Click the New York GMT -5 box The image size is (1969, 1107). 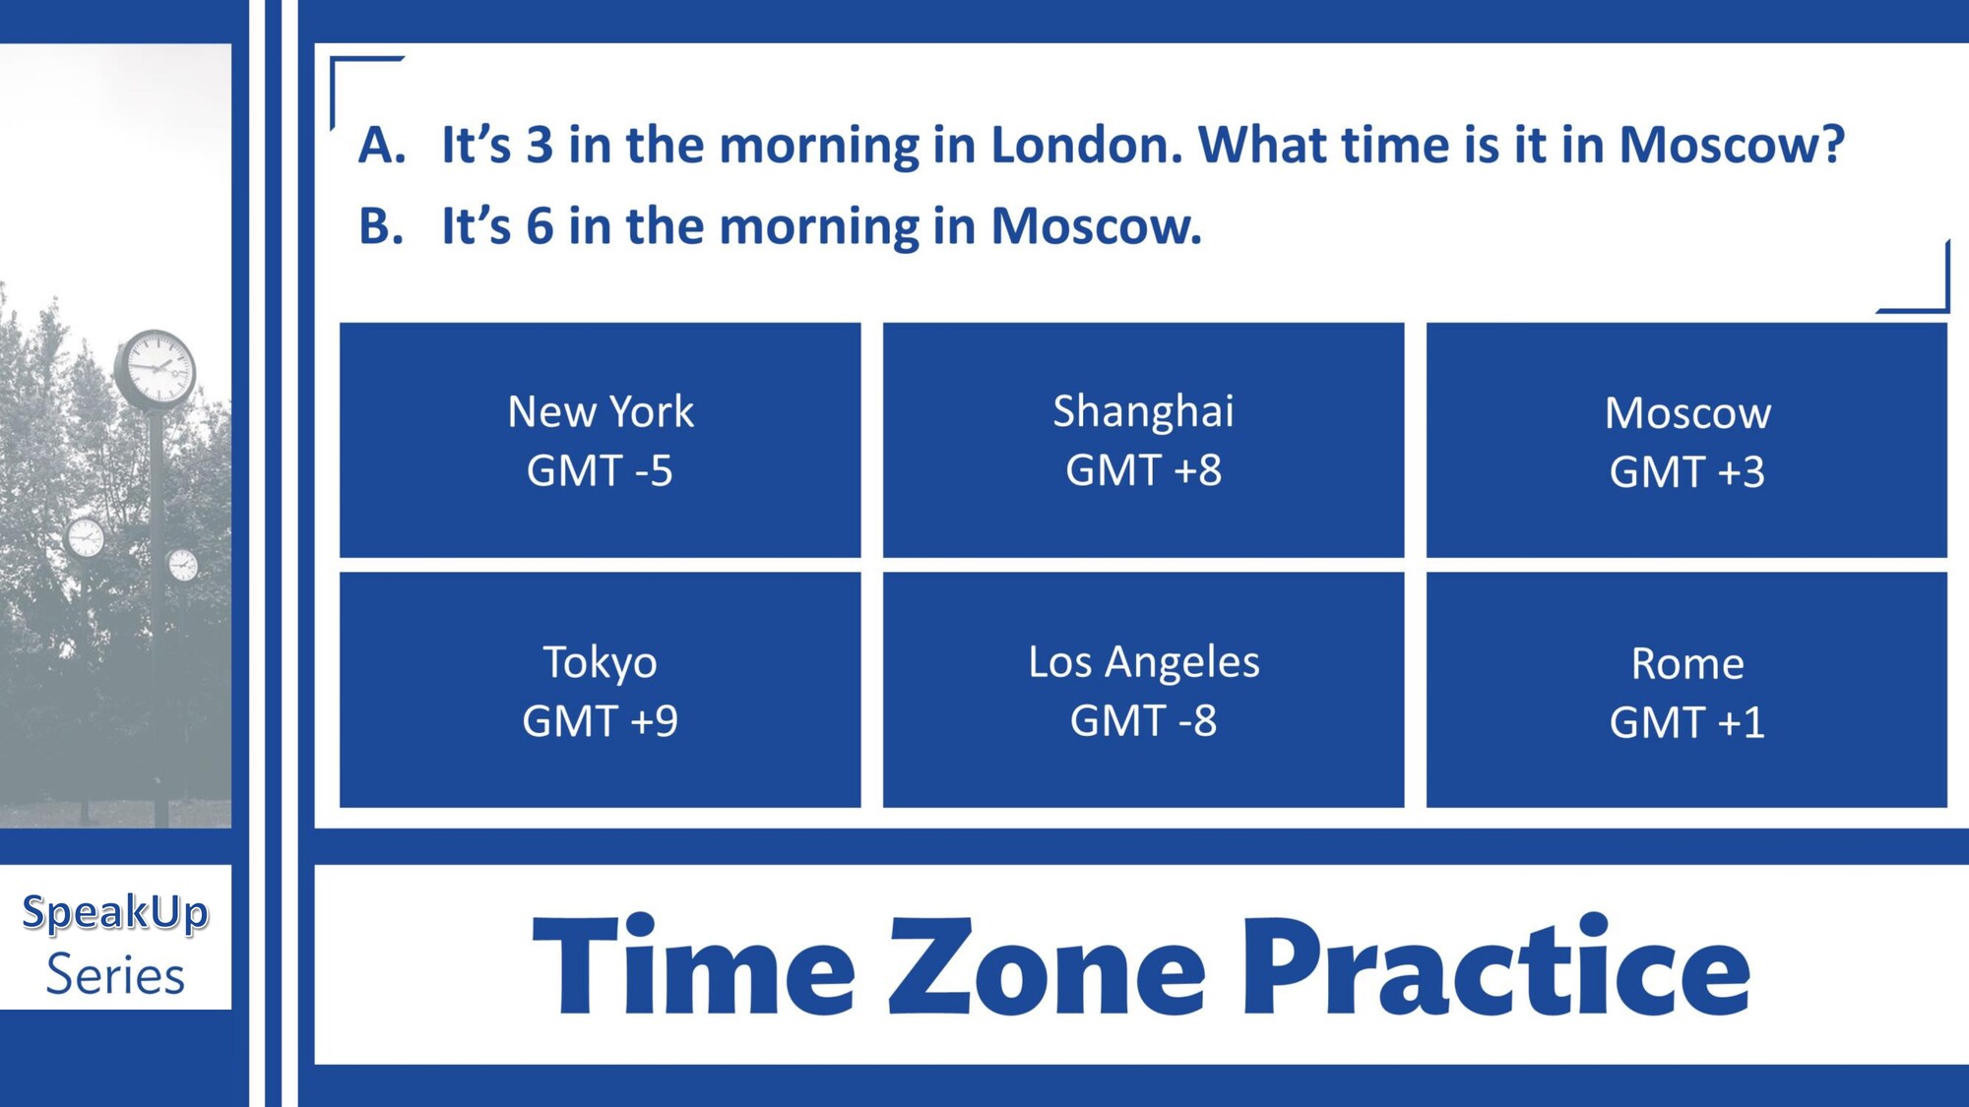point(600,440)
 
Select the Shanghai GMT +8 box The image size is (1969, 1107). point(1143,440)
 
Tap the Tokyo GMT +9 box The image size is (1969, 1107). point(600,690)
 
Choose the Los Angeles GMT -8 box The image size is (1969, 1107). point(1143,690)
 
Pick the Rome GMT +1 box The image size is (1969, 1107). point(1686,690)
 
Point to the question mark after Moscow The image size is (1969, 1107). point(1831,145)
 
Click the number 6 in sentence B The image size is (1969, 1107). point(540,226)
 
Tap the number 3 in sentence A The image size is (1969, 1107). point(540,145)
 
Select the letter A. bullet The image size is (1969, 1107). point(382,145)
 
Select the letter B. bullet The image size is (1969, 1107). point(381,226)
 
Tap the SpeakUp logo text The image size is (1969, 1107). point(115,913)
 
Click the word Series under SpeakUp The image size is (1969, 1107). point(115,975)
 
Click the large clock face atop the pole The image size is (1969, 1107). point(156,369)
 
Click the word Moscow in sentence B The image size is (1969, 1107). point(1097,226)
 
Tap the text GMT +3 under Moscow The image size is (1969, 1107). point(1686,472)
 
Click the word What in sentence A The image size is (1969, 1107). point(1262,145)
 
